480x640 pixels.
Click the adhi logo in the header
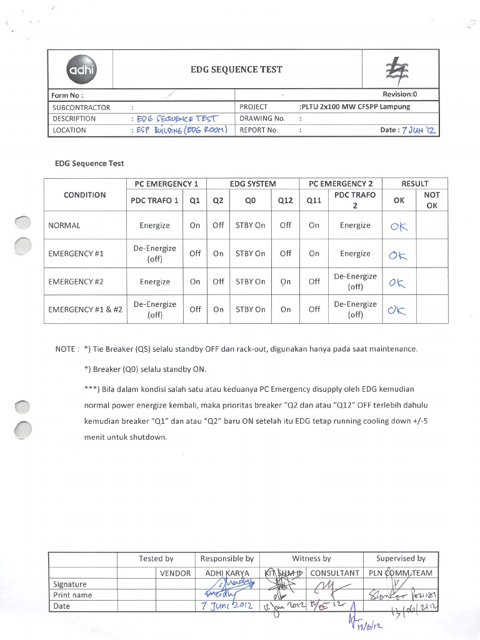(x=81, y=70)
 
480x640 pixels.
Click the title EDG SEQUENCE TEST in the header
(x=236, y=69)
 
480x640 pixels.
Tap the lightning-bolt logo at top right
(x=394, y=69)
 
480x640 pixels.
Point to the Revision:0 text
(x=399, y=95)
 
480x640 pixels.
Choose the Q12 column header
(x=285, y=201)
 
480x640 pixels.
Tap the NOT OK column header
(x=431, y=200)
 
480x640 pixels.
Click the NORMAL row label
(x=64, y=226)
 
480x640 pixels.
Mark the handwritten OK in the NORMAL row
(x=398, y=227)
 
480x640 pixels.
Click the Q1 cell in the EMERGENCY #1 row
(x=195, y=254)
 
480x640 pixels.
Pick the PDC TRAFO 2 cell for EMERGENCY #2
(x=355, y=281)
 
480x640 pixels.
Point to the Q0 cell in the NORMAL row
(x=250, y=226)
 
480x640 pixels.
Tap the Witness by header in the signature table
(x=311, y=559)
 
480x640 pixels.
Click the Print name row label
(x=72, y=595)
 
